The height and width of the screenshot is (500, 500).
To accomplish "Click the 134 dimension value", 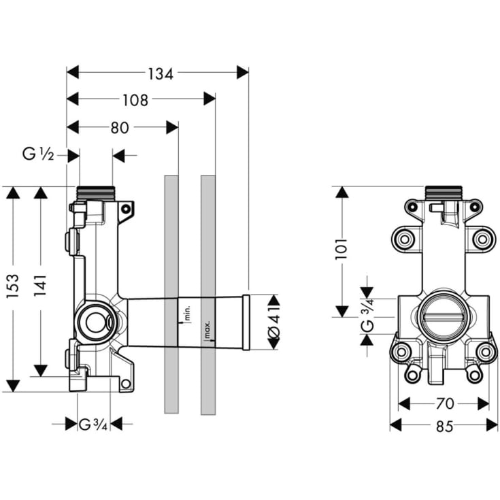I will coord(159,73).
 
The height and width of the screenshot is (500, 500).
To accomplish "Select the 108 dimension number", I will coord(135,100).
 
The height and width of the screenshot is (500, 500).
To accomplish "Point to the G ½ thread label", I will coord(38,155).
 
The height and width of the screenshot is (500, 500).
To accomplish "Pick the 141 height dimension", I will coord(41,289).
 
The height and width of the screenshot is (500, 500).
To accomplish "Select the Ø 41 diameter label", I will coord(273,322).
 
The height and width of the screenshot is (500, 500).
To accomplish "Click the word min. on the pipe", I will coord(186,314).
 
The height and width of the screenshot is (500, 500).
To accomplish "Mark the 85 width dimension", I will coord(444,427).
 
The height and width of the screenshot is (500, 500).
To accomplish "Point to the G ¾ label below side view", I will coord(93,424).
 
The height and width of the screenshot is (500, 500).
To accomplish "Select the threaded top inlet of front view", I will coord(444,193).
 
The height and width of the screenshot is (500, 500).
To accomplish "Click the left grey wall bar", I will coord(171,294).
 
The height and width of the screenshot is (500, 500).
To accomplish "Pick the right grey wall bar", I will coord(208,294).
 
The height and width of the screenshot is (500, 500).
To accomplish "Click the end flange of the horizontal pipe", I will coord(246,322).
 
